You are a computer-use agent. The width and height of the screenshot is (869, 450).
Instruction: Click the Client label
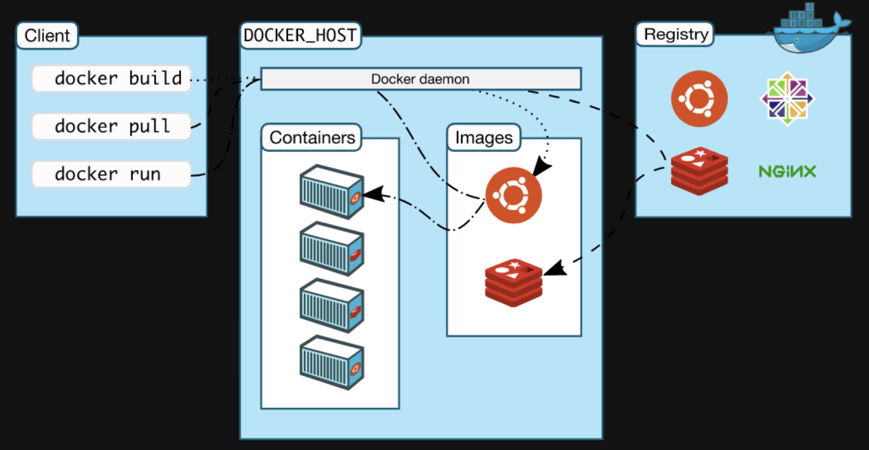click(47, 35)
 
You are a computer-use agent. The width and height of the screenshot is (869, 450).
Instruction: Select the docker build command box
click(112, 79)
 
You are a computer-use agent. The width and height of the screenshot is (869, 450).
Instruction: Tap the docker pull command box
click(112, 126)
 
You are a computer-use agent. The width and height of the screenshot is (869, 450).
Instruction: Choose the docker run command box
click(112, 174)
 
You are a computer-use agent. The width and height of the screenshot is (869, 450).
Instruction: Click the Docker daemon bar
click(421, 79)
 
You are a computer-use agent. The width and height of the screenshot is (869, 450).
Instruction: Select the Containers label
click(312, 138)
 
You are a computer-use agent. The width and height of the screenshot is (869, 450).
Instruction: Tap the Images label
click(484, 138)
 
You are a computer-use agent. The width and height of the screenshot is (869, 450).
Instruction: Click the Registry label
click(675, 34)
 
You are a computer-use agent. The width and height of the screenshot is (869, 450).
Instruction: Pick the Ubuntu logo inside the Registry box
click(699, 99)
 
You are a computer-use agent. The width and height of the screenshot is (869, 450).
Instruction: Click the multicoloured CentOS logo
click(787, 98)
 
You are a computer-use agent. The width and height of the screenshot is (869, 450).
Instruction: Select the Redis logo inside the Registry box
click(699, 171)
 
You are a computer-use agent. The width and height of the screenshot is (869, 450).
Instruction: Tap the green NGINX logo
click(787, 171)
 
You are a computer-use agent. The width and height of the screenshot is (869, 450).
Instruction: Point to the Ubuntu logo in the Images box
click(514, 195)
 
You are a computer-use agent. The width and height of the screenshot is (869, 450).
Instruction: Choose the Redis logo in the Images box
click(514, 283)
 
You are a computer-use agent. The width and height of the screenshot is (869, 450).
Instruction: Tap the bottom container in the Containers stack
click(332, 362)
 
